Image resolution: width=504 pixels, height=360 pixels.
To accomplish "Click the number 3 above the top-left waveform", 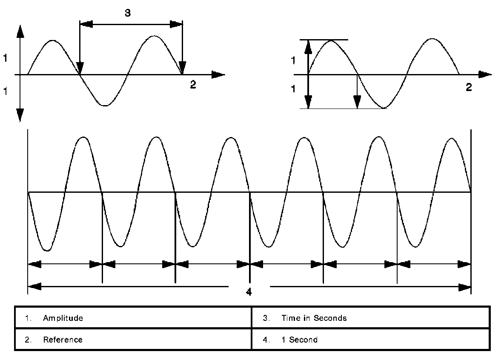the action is click(x=128, y=13).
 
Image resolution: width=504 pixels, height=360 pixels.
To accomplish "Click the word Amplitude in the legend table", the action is click(x=63, y=318).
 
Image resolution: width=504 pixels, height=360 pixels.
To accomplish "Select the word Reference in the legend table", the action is click(x=63, y=340).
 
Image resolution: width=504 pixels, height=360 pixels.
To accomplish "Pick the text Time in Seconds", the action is click(x=314, y=318).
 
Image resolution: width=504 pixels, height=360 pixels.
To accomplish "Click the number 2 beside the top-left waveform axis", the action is click(x=193, y=85).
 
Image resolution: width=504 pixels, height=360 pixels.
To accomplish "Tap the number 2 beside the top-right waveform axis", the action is click(x=469, y=87).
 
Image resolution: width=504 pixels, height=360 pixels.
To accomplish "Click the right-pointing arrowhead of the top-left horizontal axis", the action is click(x=218, y=75).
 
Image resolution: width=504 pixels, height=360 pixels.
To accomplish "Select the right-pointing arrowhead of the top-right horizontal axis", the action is click(x=485, y=74).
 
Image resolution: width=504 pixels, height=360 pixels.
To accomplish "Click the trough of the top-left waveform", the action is click(x=105, y=105).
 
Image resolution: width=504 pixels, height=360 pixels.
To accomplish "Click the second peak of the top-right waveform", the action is click(x=432, y=39).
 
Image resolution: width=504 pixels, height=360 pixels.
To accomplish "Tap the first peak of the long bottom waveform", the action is click(x=83, y=137).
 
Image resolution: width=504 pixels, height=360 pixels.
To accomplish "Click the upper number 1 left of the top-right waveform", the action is click(x=292, y=60).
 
